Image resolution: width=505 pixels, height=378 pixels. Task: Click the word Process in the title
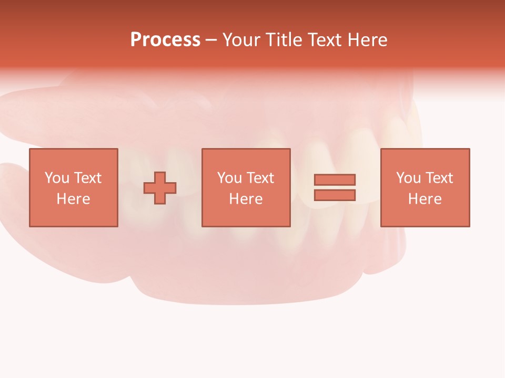(x=165, y=40)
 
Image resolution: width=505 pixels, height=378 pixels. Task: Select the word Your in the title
(x=241, y=40)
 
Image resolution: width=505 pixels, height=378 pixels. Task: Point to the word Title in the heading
(x=284, y=40)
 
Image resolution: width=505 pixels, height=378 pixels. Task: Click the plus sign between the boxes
(x=160, y=188)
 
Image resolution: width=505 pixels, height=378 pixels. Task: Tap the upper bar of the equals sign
(x=335, y=180)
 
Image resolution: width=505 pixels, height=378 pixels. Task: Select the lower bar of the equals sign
(x=335, y=195)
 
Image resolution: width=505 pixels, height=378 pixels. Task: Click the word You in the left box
(x=56, y=178)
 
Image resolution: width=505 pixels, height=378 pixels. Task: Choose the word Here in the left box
(x=73, y=199)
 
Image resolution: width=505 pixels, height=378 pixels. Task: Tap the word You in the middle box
(x=229, y=178)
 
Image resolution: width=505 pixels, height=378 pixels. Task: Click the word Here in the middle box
(x=246, y=199)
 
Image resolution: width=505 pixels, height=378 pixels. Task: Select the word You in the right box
(x=408, y=178)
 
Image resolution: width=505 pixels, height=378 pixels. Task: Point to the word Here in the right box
(x=425, y=199)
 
